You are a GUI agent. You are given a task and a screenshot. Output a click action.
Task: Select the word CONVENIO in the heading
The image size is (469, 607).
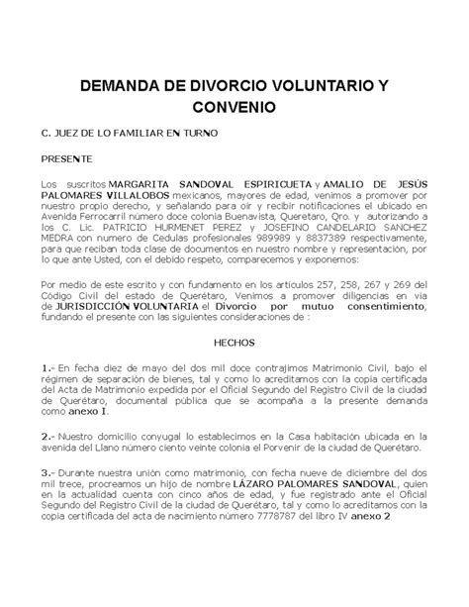click(234, 105)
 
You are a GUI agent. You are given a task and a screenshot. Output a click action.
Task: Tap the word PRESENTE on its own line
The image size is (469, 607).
click(66, 158)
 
